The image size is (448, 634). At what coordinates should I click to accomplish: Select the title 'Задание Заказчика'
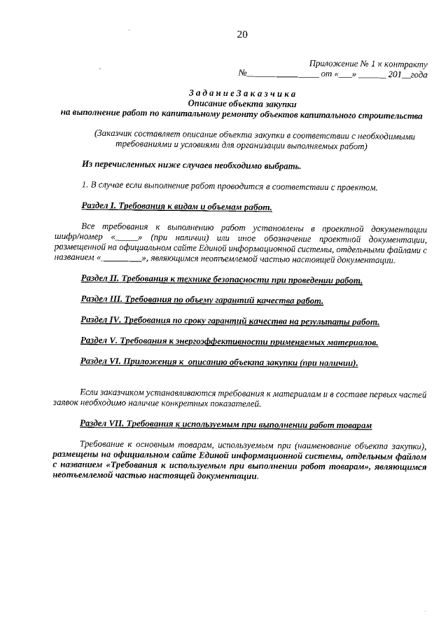(x=242, y=93)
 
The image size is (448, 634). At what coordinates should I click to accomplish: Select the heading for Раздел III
(x=202, y=301)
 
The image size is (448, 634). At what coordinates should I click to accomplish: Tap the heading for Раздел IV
(x=230, y=322)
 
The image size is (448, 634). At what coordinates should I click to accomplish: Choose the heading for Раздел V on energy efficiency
(x=230, y=342)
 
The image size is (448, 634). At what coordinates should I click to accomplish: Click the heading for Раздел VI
(x=219, y=362)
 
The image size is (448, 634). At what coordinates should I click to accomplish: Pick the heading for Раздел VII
(x=225, y=424)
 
